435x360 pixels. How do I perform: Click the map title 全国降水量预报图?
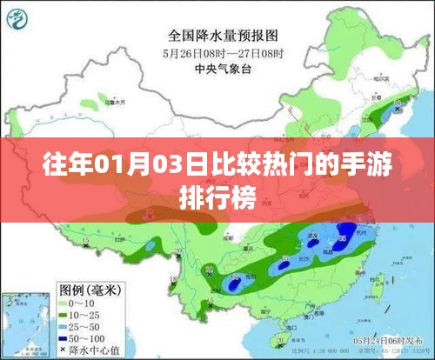[x=223, y=37]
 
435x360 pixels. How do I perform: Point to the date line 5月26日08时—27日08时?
[x=223, y=53]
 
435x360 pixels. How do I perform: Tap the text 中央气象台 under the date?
[x=223, y=68]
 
